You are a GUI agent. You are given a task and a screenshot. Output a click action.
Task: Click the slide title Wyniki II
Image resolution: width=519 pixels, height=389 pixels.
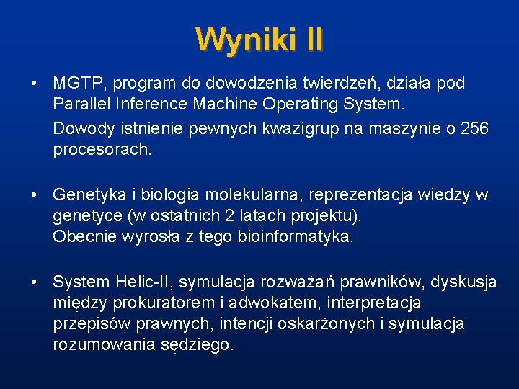(259, 39)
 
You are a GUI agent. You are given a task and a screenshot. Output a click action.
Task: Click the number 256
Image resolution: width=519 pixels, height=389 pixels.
(474, 128)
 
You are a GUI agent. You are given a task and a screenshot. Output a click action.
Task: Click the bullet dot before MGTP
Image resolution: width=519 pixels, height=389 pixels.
(35, 84)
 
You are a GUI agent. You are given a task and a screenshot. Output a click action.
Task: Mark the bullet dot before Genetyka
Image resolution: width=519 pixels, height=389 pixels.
(35, 195)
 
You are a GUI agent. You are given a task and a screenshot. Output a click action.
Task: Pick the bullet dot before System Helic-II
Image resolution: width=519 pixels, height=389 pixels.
(35, 282)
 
